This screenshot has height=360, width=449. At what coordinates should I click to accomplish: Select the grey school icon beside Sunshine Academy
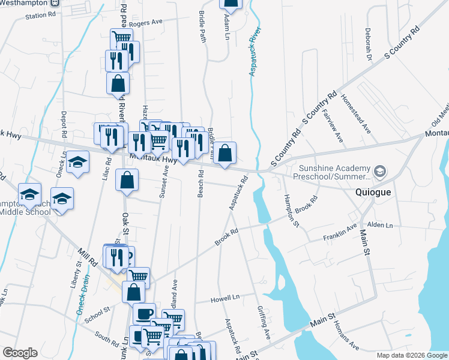pos(379,172)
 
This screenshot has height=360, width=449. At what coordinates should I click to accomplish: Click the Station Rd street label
pos(40,15)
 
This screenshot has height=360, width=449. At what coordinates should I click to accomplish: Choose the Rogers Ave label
pos(148,22)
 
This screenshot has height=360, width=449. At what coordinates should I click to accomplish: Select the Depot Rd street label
pos(63,126)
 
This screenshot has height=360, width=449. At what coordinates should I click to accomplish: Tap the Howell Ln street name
pos(225,297)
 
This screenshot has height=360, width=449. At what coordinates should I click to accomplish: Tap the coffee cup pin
pos(144,314)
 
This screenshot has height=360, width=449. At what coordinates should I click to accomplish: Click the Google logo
pos(20,353)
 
